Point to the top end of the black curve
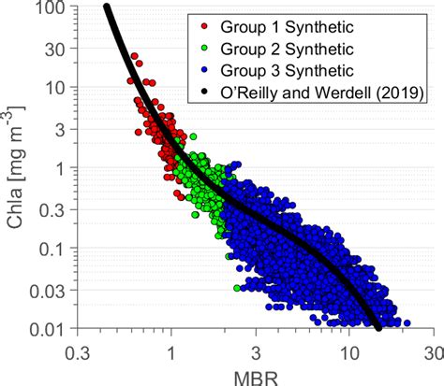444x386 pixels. [x=107, y=7]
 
